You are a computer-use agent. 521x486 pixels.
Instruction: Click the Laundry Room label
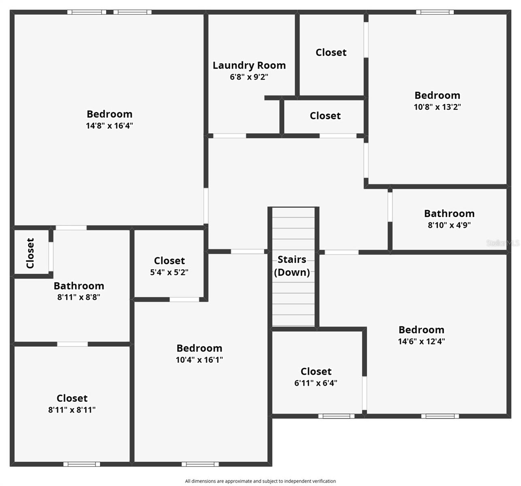click(x=249, y=65)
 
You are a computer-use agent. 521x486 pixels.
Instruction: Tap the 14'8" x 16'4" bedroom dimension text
click(x=109, y=126)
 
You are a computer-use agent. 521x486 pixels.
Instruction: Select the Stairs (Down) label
click(x=292, y=266)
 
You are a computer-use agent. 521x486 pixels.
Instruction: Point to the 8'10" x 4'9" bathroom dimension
click(x=449, y=225)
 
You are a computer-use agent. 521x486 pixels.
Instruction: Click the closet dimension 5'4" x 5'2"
click(x=169, y=272)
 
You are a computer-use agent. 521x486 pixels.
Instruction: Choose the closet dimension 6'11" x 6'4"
click(x=316, y=383)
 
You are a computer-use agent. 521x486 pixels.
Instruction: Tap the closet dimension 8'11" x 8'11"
click(x=72, y=410)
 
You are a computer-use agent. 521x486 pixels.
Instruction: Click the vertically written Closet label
click(x=30, y=253)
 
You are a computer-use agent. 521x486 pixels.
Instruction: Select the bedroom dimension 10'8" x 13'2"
click(x=437, y=107)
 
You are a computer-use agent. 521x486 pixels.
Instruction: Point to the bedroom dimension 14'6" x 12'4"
click(x=421, y=341)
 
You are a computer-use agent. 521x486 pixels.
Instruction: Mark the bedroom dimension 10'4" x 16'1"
click(x=199, y=360)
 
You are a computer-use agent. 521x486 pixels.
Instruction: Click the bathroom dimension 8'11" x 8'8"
click(x=79, y=297)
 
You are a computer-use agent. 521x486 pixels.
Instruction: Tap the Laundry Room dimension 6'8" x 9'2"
click(x=249, y=77)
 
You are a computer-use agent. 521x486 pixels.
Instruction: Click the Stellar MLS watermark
click(x=502, y=243)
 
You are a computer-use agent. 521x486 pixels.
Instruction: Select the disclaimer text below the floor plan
click(x=260, y=481)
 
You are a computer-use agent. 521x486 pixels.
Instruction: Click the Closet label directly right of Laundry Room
click(x=331, y=53)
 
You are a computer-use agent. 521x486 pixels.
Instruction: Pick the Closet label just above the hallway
click(x=325, y=116)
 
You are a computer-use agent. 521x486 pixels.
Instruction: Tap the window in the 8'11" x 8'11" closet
click(x=82, y=464)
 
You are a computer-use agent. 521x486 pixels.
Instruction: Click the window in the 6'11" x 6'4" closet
click(x=336, y=416)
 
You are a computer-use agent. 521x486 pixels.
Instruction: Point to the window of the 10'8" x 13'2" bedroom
click(x=435, y=12)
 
